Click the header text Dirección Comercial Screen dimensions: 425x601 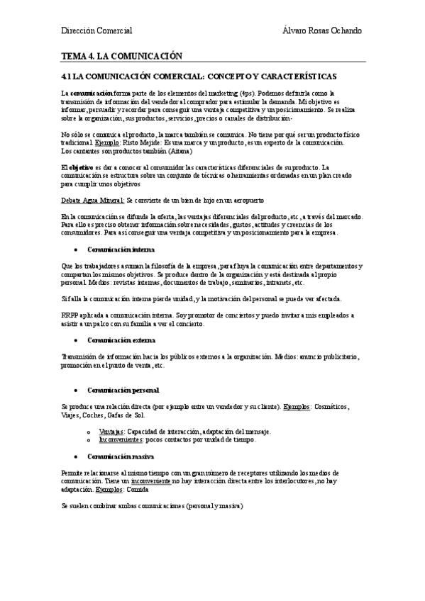click(x=96, y=30)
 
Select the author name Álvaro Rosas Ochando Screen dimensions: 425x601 click(x=321, y=30)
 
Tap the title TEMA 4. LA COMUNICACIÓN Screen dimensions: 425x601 click(x=122, y=55)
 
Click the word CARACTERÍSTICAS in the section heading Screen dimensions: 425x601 click(x=292, y=75)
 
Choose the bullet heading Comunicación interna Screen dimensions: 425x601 click(x=121, y=249)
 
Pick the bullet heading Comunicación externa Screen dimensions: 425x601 click(x=122, y=340)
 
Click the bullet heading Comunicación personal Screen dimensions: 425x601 click(x=123, y=390)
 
